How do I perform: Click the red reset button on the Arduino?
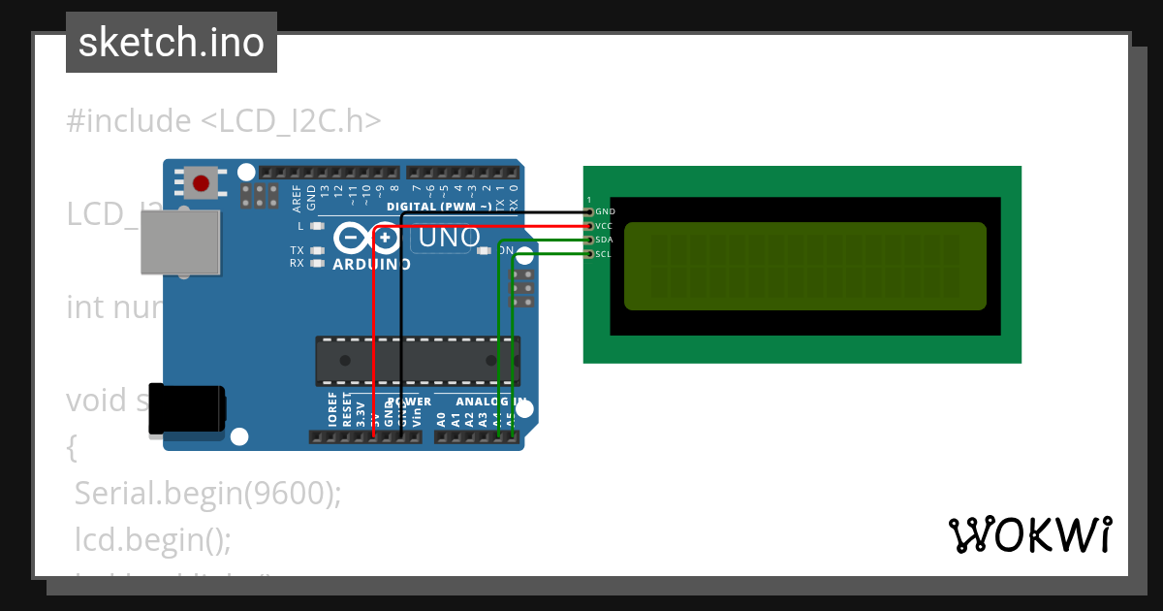tap(202, 182)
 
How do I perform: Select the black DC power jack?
tap(186, 409)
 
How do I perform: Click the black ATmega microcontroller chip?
tap(417, 361)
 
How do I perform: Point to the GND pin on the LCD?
tap(589, 211)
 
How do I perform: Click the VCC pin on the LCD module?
tap(589, 226)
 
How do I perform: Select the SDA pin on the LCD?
tap(589, 240)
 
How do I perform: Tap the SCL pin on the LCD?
tap(589, 254)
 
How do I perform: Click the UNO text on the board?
tap(449, 238)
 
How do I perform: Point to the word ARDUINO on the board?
tap(371, 264)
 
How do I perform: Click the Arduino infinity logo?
tap(367, 238)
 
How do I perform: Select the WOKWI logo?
tap(1029, 534)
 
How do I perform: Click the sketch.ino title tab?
tap(172, 43)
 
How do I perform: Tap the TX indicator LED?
tap(315, 250)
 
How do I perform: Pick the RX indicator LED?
tap(315, 263)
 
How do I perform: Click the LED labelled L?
tap(315, 226)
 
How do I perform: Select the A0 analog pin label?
tap(442, 419)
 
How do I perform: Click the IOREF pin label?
tap(333, 410)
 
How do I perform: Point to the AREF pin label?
tap(297, 197)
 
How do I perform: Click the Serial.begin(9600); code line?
tap(208, 494)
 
